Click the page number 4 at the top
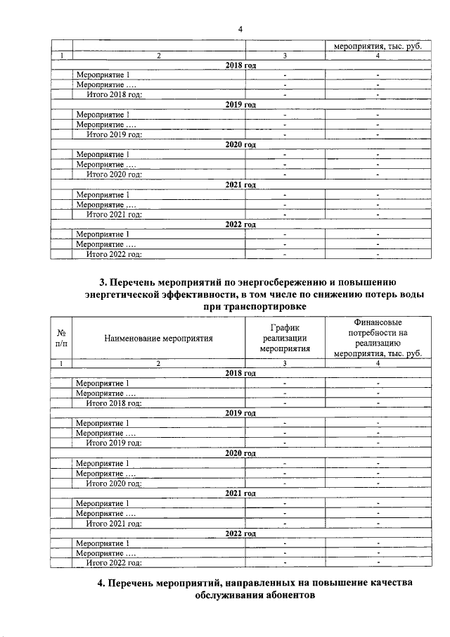pos(239,29)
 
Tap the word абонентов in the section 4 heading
pos(283,595)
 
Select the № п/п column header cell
pos(61,338)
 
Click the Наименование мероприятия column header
pos(158,338)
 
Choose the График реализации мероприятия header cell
pos(285,338)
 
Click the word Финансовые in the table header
pos(378,322)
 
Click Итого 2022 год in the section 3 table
pos(114,562)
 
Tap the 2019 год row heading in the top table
pos(240,105)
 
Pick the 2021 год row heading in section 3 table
pos(240,493)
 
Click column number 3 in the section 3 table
pos(285,363)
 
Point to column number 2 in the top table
pos(158,56)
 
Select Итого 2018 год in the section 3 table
pos(114,403)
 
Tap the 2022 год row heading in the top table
pos(240,225)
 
